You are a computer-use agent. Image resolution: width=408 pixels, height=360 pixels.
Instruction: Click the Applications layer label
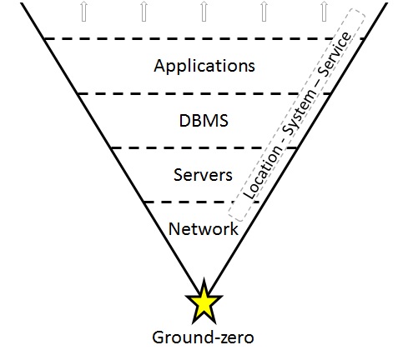[x=204, y=64]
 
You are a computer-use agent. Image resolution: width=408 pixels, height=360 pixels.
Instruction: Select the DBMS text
[x=204, y=121]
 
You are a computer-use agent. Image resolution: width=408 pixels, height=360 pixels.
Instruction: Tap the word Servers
[x=203, y=175]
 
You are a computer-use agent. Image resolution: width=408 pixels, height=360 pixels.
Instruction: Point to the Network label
[x=203, y=228]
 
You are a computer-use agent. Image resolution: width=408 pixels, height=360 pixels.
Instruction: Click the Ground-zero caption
[x=204, y=337]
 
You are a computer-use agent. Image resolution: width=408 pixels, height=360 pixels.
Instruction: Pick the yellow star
[x=204, y=303]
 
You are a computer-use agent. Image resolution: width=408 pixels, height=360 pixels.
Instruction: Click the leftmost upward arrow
[x=82, y=10]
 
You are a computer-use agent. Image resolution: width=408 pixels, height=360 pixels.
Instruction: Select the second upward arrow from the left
[x=143, y=10]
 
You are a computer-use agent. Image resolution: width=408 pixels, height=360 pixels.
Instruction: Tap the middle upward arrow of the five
[x=204, y=10]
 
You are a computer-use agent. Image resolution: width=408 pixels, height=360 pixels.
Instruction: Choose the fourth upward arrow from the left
[x=264, y=10]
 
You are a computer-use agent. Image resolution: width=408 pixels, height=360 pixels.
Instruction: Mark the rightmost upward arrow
[x=325, y=10]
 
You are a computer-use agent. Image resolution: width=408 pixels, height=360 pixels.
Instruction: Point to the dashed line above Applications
[x=167, y=38]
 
